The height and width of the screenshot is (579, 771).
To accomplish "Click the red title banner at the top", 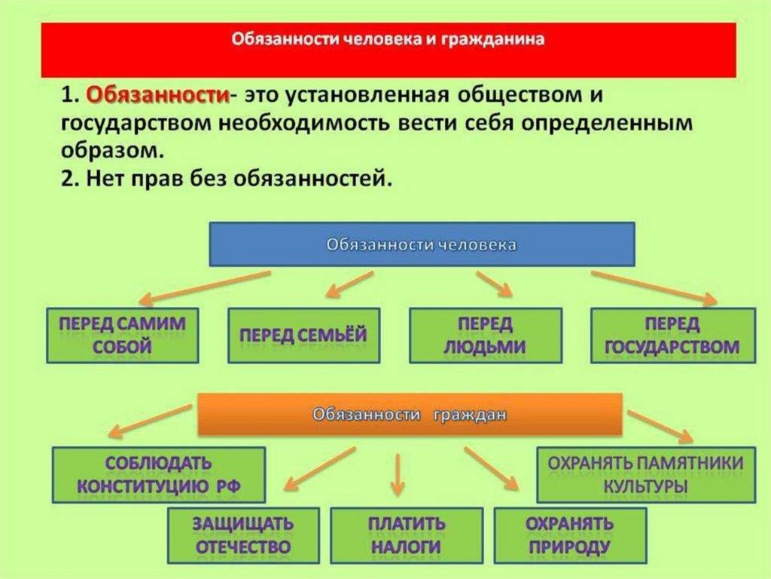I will tap(388, 50).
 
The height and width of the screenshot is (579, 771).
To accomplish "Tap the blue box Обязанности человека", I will tap(422, 244).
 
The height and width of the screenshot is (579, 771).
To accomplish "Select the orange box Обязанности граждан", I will tap(410, 414).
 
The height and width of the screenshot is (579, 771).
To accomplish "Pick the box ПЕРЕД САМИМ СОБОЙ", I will tap(122, 335).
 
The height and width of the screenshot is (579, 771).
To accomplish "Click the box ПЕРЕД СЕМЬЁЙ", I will tap(303, 335).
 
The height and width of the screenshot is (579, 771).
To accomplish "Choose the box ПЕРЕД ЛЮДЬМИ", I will tap(485, 335).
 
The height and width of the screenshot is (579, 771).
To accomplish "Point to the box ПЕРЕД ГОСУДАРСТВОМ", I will tap(672, 335).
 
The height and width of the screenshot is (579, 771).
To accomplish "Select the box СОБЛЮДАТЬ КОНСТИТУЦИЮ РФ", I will tap(158, 474).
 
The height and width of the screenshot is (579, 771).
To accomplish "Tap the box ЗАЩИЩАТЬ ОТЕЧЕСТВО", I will tap(242, 535).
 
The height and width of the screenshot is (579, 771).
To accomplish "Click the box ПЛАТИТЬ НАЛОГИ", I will tap(407, 535).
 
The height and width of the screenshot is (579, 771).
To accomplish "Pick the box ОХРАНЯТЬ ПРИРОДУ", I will tap(569, 535).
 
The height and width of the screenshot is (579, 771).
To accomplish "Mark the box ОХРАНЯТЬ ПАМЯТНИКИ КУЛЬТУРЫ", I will tap(645, 474).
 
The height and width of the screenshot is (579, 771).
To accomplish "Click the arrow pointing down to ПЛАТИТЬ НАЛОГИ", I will tap(398, 475).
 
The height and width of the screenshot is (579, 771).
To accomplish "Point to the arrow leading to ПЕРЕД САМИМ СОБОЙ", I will tap(204, 286).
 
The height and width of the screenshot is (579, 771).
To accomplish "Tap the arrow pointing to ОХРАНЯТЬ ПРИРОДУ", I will tap(491, 468).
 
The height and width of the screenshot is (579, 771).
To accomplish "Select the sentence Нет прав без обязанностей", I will tap(225, 179).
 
